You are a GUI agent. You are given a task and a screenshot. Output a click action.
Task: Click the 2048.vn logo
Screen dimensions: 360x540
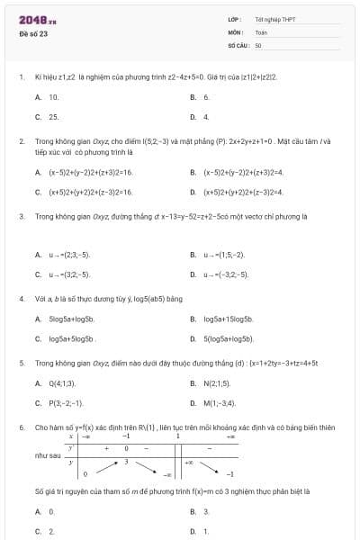[x=37, y=19]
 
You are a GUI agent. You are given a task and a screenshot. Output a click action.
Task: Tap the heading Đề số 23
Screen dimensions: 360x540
[x=33, y=34]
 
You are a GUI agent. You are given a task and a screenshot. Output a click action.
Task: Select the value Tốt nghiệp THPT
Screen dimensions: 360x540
[x=274, y=19]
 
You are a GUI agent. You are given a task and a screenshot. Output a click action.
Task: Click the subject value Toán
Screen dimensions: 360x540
[x=260, y=31]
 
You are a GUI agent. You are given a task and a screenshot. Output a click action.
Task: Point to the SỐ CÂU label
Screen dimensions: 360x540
[x=238, y=44]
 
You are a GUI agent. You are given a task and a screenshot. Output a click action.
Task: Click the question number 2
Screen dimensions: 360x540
[x=22, y=141]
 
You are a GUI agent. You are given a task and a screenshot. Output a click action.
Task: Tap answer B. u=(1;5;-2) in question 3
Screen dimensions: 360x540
[x=222, y=255]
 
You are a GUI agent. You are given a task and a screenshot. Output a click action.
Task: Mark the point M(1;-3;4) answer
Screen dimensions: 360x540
[x=219, y=403]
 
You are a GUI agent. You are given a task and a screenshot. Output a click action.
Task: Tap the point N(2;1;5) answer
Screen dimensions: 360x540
[x=217, y=382]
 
